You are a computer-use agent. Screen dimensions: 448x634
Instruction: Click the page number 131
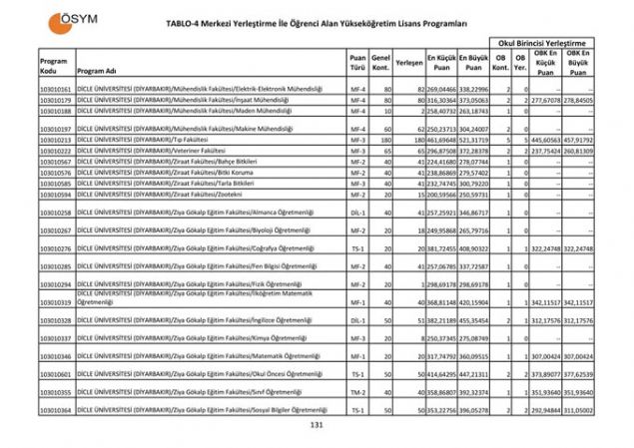pos(317,426)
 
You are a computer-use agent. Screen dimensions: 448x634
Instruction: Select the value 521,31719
pos(474,140)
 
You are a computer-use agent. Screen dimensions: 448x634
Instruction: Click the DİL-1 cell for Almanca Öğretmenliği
pos(357,213)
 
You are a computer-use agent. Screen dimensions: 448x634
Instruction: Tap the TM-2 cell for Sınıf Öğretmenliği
pos(357,392)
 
